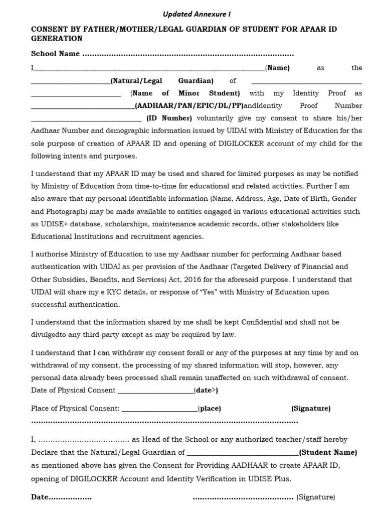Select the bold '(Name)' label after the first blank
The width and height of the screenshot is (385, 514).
pos(277,68)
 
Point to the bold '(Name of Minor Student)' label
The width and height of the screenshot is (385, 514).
pos(185,93)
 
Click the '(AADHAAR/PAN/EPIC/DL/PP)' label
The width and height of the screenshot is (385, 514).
pos(189,105)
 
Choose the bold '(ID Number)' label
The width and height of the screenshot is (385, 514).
pos(169,118)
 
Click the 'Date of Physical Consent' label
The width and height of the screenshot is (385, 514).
pos(73,390)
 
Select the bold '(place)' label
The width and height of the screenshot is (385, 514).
pos(210,408)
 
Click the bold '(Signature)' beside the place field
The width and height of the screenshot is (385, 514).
pos(311,408)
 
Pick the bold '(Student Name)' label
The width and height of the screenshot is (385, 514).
pos(328,452)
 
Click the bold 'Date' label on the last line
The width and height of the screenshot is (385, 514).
pos(40,497)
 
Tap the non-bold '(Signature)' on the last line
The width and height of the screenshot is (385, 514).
pos(315,497)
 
